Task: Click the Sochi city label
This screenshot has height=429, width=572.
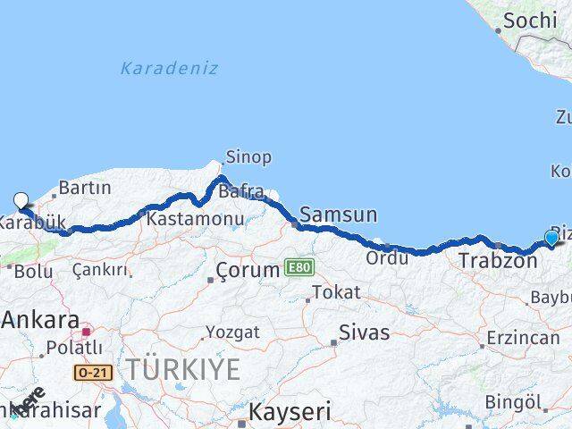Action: click(x=530, y=20)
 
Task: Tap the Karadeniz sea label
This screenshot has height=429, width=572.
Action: click(x=169, y=68)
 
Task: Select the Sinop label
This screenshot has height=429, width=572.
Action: click(x=248, y=157)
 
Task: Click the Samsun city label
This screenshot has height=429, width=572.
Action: click(x=338, y=214)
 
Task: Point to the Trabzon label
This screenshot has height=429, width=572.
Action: click(x=498, y=261)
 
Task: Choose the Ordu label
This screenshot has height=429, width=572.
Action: click(x=387, y=257)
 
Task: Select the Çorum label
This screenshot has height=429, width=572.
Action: click(x=250, y=270)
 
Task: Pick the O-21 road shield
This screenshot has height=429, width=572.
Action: click(x=93, y=373)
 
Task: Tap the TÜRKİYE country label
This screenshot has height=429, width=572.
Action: click(x=182, y=368)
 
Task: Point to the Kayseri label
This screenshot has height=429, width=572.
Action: click(x=289, y=412)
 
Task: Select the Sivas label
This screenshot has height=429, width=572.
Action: click(x=365, y=332)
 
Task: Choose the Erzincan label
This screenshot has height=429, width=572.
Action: click(x=523, y=340)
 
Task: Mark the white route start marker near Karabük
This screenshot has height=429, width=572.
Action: click(x=21, y=201)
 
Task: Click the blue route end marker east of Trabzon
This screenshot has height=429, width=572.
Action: click(x=551, y=238)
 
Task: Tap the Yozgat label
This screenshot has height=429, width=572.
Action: click(x=232, y=332)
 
